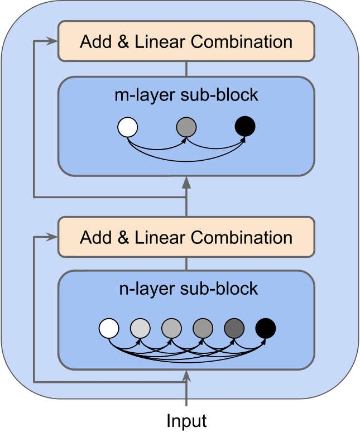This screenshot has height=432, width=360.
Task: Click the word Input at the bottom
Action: pos(186,420)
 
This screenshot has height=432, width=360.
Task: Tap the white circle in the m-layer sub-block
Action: pos(127,127)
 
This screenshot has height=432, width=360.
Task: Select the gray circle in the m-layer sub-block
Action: pos(186,127)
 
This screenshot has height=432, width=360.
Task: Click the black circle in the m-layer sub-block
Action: pos(245,127)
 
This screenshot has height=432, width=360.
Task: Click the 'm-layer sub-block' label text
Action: pos(186,95)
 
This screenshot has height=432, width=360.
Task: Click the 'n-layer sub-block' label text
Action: pos(189,289)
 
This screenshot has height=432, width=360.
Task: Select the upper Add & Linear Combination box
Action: pos(186,41)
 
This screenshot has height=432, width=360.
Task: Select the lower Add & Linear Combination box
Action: pos(186,237)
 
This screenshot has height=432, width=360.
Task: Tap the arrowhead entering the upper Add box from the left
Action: pos(54,41)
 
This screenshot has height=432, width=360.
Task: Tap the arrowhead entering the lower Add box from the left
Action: pos(54,237)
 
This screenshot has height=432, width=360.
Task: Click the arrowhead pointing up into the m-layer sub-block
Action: pos(186,183)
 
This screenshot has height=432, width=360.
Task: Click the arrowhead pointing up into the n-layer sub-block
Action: pos(186,378)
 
